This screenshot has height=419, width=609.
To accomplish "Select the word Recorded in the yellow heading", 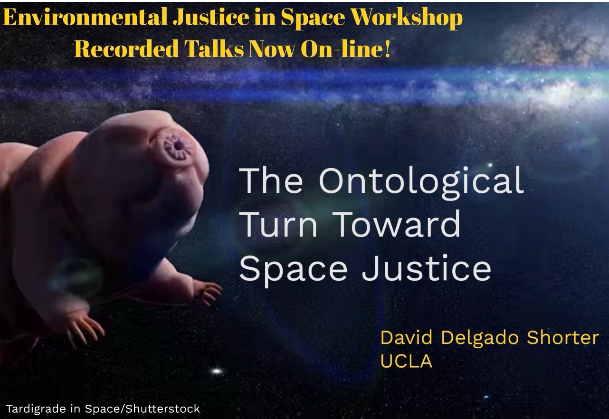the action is coord(127,49).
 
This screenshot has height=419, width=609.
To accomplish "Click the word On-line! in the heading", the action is coord(345,49).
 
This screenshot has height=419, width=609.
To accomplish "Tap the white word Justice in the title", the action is coord(427,267).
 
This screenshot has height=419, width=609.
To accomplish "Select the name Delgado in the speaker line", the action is coord(481,338).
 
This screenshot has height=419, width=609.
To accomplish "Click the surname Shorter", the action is coord(563,338).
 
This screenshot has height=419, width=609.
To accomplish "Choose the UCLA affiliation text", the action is coord(407,361).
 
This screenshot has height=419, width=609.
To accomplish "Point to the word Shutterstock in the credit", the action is coord(163,409).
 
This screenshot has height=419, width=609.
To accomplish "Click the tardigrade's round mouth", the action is coord(178,147).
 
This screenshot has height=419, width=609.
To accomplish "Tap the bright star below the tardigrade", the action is coord(217,371).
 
